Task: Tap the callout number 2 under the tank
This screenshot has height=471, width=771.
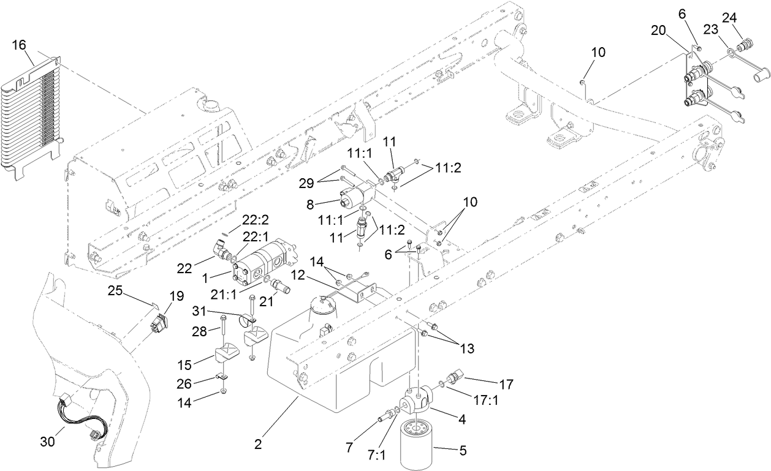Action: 258,444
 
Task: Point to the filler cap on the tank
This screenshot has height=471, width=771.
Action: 324,302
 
